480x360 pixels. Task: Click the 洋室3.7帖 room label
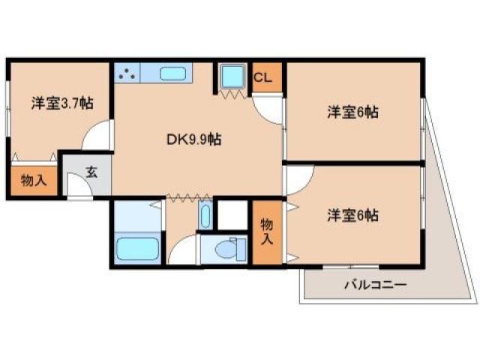pos(62,103)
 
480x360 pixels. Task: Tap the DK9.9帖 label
pos(193,139)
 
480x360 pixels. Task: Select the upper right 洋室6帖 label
pos(352,112)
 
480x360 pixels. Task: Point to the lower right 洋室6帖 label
pos(352,216)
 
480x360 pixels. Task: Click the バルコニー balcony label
pos(375,285)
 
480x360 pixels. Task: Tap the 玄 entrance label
pos(91,172)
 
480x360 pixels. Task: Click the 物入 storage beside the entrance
pos(33,181)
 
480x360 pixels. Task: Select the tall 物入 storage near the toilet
pos(265,232)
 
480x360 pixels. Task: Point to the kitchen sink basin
pos(173,74)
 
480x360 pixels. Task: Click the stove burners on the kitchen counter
pos(127,74)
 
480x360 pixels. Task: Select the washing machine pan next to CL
pos(232,76)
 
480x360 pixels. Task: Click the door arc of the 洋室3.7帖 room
pos(97,135)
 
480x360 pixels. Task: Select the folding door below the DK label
pos(187,198)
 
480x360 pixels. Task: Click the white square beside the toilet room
pos(232,214)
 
